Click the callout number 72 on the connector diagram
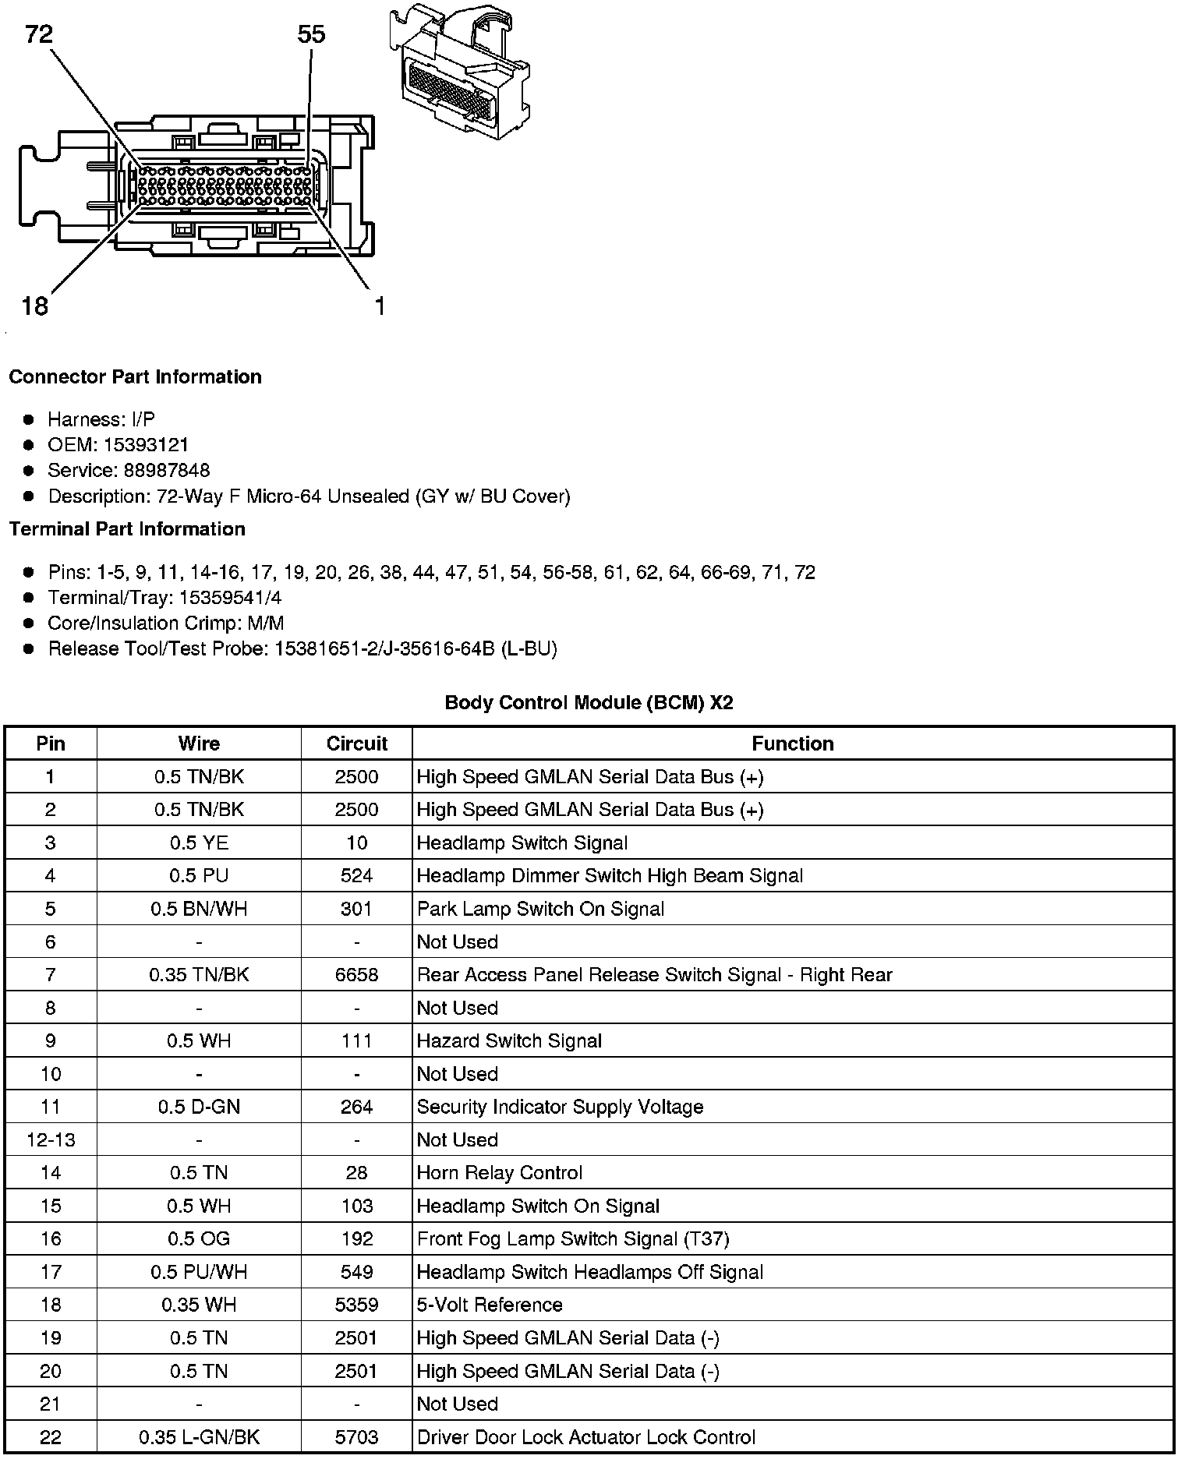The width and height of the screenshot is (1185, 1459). (39, 34)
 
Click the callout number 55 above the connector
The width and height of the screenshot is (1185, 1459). (311, 34)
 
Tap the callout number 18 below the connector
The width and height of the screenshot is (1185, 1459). (35, 306)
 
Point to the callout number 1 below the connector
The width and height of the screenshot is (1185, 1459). (380, 306)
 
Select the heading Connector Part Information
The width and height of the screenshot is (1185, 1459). (135, 377)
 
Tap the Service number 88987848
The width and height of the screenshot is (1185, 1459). (167, 471)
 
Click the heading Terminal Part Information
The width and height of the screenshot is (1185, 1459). (127, 529)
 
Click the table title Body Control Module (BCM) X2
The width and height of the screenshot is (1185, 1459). (589, 702)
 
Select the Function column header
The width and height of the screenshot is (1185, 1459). (792, 744)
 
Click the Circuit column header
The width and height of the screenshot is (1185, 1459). (357, 744)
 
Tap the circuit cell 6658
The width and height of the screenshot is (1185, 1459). (357, 975)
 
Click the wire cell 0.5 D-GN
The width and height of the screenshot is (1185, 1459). (199, 1107)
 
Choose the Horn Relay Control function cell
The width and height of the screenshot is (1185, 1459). (500, 1173)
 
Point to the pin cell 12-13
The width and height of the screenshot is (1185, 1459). (51, 1140)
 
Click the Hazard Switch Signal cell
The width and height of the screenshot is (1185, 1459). (509, 1041)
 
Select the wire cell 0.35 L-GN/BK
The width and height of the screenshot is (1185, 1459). (199, 1437)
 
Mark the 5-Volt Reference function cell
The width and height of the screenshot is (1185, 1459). (490, 1305)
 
